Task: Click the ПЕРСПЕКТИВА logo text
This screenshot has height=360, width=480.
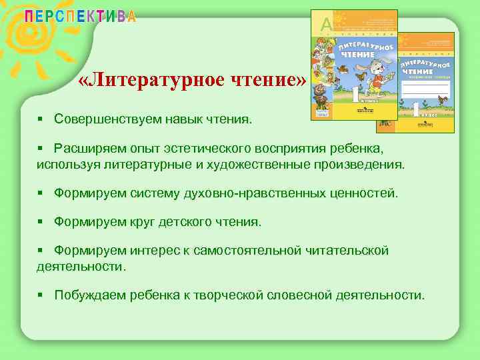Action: point(81,17)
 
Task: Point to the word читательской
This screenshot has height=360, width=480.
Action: point(347,251)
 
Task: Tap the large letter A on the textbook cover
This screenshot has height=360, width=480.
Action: point(326,25)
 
